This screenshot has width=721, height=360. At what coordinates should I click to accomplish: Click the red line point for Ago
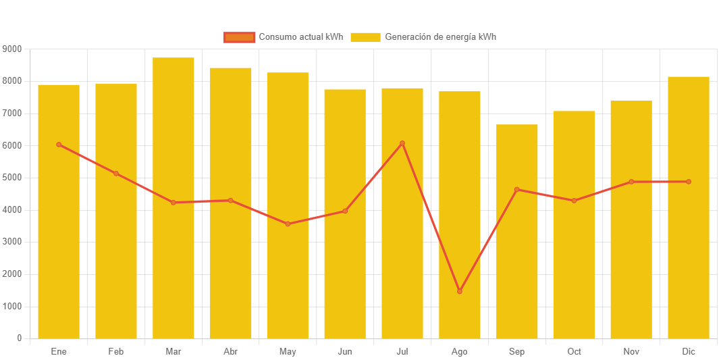(460, 291)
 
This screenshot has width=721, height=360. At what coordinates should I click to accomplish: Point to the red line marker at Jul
(402, 143)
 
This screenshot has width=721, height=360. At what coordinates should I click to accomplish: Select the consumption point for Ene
(59, 145)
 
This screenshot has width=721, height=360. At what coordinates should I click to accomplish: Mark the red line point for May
(288, 224)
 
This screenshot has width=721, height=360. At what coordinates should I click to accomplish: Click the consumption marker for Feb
(116, 174)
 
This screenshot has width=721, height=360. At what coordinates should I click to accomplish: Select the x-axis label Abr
(230, 352)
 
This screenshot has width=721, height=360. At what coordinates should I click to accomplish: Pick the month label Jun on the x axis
(345, 352)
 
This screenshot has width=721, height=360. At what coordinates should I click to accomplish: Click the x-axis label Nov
(631, 352)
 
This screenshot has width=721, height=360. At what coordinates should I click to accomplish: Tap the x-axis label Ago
(460, 352)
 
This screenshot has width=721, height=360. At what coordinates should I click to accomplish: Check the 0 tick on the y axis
(19, 338)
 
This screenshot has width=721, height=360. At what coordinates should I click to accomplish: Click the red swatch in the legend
(239, 37)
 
